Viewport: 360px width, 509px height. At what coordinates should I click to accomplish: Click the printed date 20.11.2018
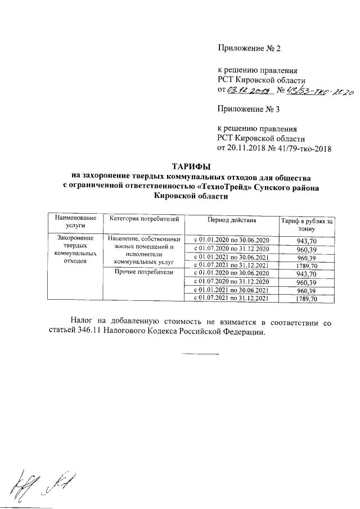point(246,148)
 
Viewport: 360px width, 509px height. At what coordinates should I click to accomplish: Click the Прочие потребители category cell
point(143,273)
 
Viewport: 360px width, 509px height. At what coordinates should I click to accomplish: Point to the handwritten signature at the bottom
point(39,484)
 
